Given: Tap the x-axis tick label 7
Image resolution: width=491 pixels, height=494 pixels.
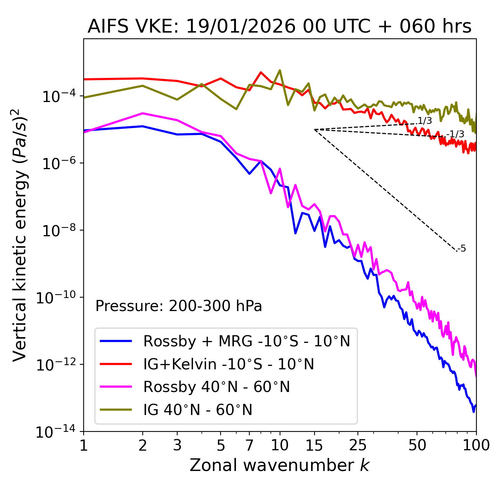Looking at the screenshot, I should [249, 445].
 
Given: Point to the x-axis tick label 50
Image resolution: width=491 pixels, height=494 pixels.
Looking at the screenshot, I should [417, 445].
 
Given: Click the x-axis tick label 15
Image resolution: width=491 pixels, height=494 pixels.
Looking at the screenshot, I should [315, 445].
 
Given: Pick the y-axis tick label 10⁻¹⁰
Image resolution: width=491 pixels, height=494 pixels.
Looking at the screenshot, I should [56, 298].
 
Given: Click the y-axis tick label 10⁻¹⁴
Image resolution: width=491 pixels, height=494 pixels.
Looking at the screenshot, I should [56, 432].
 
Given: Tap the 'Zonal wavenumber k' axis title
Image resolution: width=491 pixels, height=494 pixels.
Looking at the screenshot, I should [279, 465].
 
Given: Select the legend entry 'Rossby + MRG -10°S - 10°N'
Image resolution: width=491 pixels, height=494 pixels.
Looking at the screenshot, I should [247, 341].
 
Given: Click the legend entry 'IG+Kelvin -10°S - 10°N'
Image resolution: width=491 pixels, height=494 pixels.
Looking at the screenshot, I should [229, 364].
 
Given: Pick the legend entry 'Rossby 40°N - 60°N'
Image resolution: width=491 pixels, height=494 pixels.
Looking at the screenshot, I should [216, 387].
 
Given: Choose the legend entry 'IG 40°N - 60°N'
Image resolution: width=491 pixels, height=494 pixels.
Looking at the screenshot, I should [198, 410].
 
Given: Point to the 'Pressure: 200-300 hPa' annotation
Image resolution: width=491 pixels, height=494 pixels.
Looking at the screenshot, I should [179, 306].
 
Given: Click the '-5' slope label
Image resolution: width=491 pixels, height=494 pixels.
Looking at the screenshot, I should [462, 249].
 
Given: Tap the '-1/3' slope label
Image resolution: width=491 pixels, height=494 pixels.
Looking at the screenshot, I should [456, 134].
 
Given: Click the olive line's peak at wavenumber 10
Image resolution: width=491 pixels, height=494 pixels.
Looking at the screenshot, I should [280, 70].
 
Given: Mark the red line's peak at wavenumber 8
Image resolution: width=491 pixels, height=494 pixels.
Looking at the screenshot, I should [261, 72].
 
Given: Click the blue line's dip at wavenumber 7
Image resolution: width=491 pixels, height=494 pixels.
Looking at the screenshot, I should [249, 174].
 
